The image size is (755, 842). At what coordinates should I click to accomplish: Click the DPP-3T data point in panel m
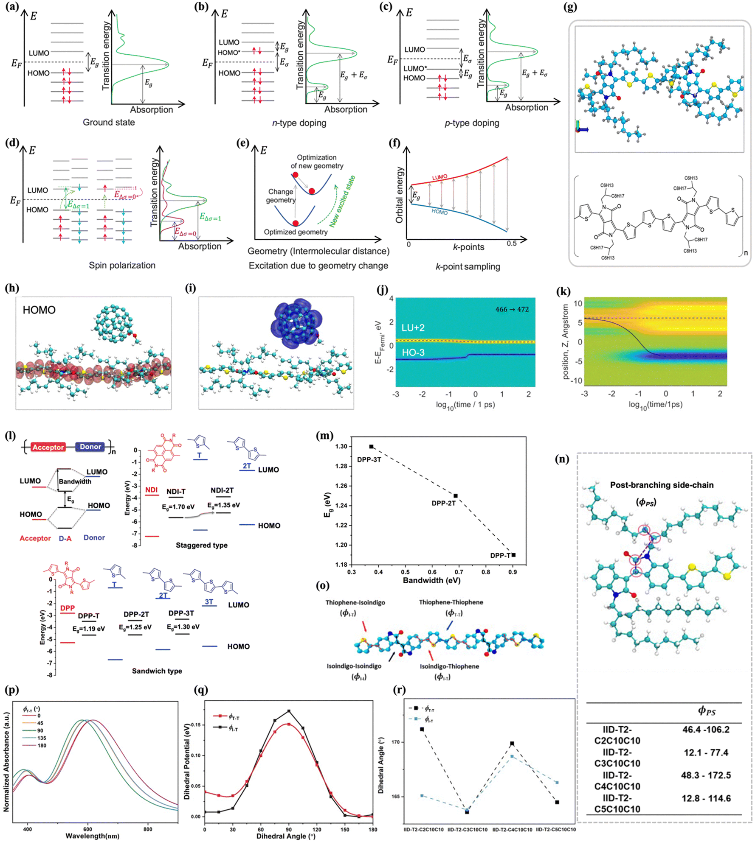point(371,446)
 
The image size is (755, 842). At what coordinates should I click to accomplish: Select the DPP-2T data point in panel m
point(456,495)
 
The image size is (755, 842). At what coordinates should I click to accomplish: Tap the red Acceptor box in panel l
point(48,447)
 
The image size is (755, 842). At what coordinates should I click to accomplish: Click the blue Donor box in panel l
point(90,447)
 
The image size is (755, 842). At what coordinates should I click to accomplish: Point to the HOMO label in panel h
point(39,310)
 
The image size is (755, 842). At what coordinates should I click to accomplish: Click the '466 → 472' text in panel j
point(512,309)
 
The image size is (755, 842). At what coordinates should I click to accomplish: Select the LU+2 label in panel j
point(413,327)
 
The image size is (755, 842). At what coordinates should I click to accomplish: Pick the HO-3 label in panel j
point(413,352)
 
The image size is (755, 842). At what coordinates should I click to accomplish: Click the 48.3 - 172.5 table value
point(706,775)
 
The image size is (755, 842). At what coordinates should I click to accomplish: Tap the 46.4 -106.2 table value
point(706,730)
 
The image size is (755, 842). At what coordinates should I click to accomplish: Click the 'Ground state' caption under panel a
point(109,123)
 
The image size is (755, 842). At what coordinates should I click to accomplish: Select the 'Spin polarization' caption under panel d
point(122,266)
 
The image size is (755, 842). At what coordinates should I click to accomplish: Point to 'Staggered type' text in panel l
point(201,545)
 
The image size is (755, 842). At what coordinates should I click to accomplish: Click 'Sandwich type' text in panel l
point(157,671)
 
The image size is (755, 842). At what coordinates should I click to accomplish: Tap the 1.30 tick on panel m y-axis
point(341,446)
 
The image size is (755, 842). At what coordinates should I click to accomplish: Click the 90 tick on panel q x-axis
point(289,829)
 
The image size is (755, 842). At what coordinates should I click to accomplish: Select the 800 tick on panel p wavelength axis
point(147,829)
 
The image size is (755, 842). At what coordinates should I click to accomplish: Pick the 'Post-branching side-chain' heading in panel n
point(662,485)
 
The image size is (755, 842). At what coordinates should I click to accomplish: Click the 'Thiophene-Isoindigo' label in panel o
point(355,602)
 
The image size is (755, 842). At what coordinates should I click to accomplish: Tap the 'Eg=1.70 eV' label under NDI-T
point(178,507)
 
